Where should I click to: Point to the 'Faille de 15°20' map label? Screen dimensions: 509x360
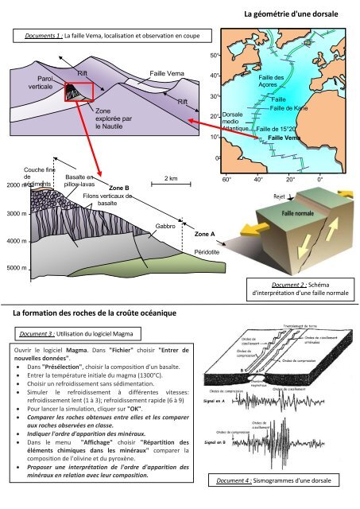277,128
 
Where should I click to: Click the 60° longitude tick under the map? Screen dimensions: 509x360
226,179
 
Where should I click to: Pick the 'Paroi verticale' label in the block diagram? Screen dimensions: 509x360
41,82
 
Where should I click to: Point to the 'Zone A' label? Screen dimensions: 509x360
206,235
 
